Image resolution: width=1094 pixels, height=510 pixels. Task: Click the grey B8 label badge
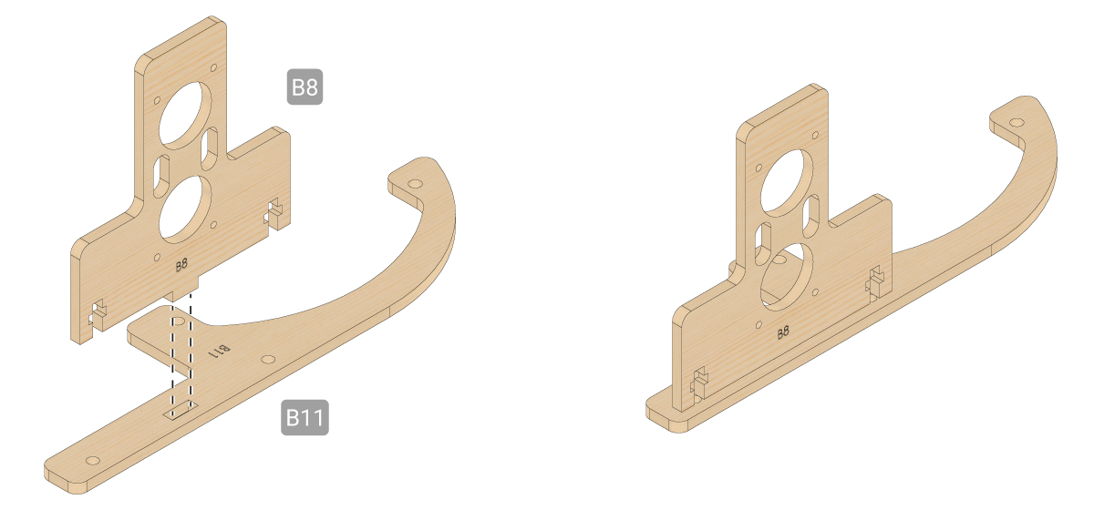[304, 87]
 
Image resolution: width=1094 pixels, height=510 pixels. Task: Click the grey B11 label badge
[304, 417]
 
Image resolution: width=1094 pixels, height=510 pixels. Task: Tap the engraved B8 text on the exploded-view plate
[181, 265]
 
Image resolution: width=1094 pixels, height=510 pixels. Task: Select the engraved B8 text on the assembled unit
[783, 332]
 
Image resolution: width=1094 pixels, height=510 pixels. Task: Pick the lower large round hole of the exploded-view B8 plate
[185, 209]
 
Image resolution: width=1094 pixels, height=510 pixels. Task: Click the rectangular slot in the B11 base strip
[181, 410]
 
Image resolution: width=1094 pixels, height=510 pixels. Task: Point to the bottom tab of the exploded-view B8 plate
[181, 291]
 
